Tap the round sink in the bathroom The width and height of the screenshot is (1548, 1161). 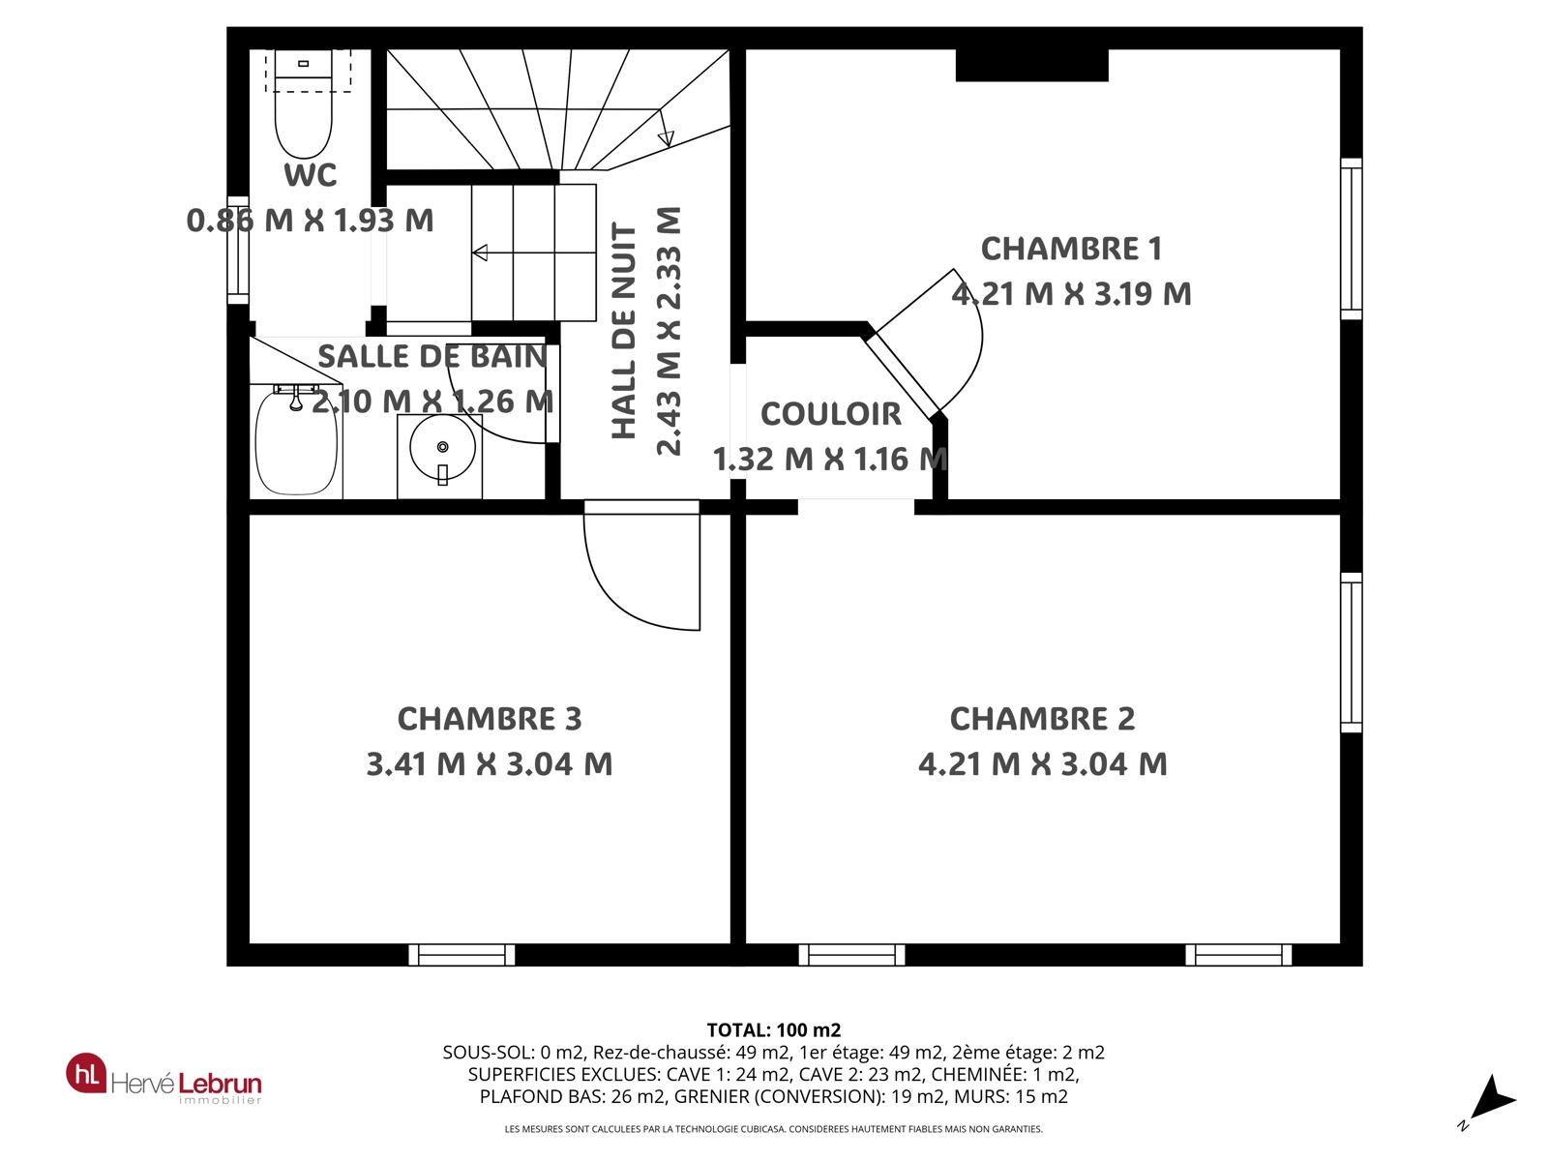442,447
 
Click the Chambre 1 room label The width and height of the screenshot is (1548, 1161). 1071,249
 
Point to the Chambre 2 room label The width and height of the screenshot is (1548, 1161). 1042,719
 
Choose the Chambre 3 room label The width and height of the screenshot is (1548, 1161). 490,719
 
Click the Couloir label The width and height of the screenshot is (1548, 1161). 831,414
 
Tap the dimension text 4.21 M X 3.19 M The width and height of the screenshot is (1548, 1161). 1071,294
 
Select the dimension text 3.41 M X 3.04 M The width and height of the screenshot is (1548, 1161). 490,764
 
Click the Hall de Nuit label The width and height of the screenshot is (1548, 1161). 624,331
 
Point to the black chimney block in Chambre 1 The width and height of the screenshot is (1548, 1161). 1031,65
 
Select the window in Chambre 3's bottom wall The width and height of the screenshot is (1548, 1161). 461,955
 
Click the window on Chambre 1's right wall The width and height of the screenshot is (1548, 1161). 1352,239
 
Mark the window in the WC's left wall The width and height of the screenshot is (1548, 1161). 238,251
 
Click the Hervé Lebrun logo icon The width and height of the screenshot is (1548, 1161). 86,1073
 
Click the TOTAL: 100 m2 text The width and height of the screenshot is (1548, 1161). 774,1030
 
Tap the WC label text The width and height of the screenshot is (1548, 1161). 311,175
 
